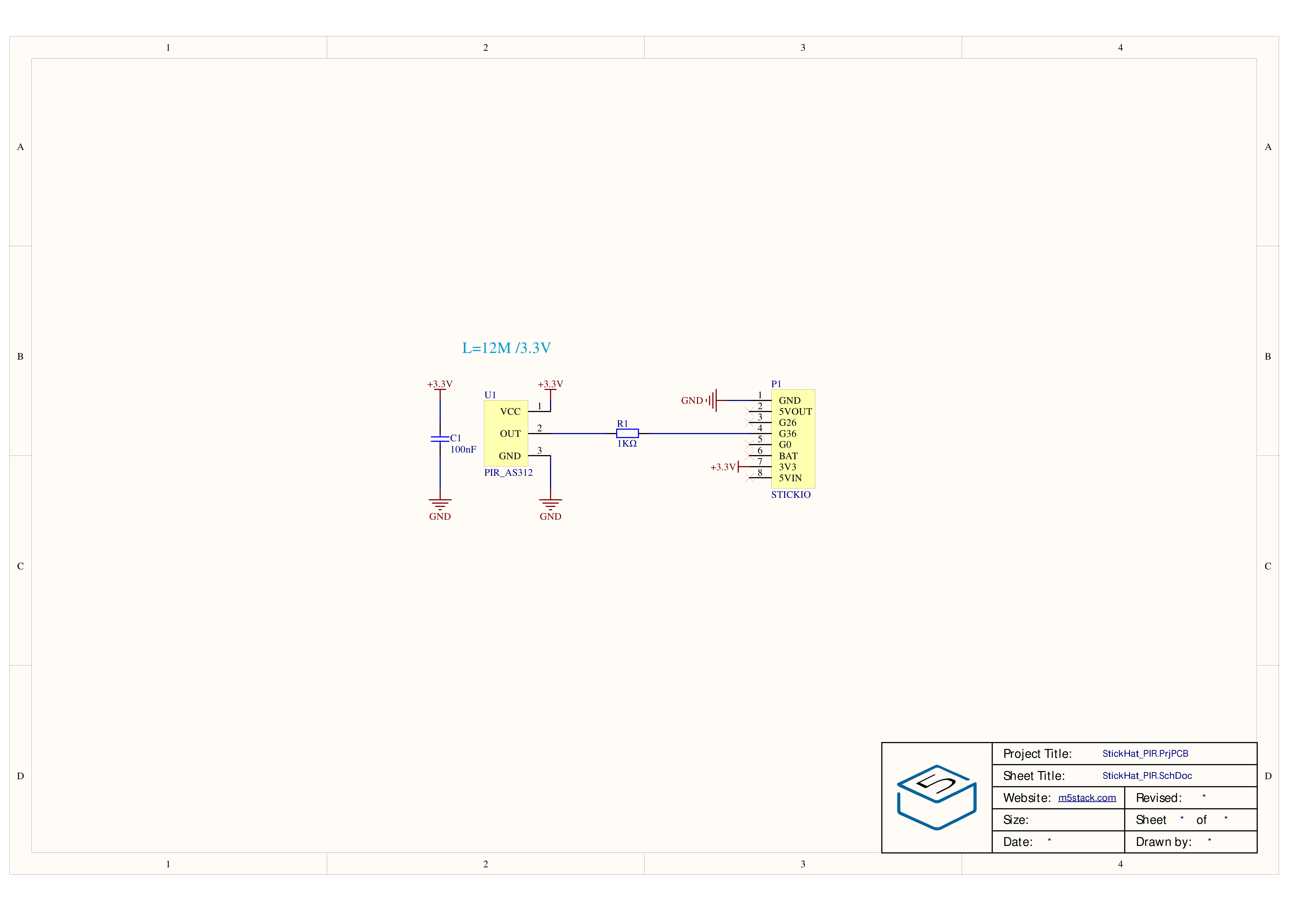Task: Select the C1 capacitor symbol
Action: point(440,438)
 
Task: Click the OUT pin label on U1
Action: point(510,434)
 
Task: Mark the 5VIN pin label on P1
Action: point(790,478)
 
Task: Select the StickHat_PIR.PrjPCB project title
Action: point(1145,754)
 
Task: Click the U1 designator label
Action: point(490,395)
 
